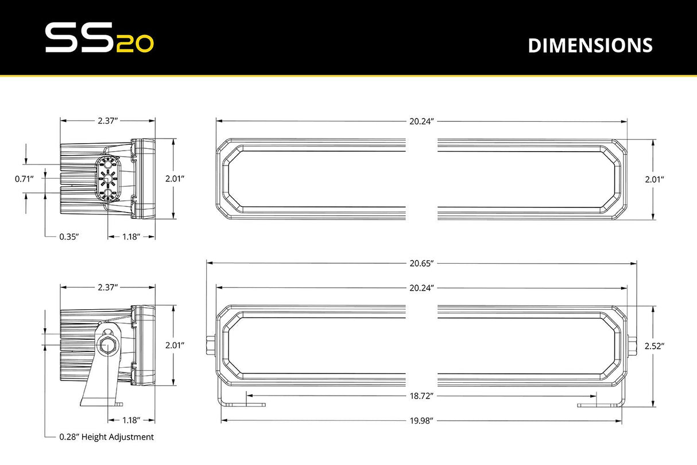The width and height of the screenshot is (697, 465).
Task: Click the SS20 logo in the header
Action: click(x=99, y=39)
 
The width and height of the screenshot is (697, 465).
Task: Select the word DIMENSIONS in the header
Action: click(x=590, y=45)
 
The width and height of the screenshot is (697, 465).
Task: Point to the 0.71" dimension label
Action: click(x=25, y=179)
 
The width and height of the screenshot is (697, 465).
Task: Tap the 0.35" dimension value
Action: click(x=69, y=236)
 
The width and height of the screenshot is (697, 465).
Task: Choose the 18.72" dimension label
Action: click(x=421, y=396)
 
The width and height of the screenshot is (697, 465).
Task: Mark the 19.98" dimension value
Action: click(x=421, y=420)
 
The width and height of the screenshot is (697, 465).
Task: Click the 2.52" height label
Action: click(x=654, y=346)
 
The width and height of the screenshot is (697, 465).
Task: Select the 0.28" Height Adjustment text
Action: click(x=106, y=437)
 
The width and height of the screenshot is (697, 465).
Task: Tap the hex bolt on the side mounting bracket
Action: click(x=107, y=345)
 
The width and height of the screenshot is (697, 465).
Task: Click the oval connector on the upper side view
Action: click(x=107, y=179)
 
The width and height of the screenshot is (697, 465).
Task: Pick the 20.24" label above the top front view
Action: click(x=421, y=121)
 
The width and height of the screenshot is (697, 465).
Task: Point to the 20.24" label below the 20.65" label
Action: click(x=421, y=287)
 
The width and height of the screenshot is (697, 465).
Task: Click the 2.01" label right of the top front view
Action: click(x=654, y=179)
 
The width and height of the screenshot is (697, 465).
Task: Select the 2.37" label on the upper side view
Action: click(x=107, y=121)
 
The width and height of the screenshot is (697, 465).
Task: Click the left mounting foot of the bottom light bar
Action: click(x=244, y=404)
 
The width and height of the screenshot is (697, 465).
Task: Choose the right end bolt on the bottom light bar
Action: click(x=632, y=345)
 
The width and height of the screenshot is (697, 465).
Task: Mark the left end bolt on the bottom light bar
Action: click(x=211, y=345)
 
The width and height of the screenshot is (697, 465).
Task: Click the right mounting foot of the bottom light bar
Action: click(x=599, y=404)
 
